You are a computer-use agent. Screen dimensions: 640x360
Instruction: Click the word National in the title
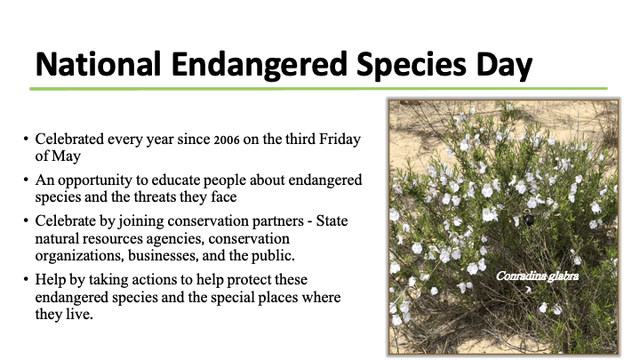tap(98, 65)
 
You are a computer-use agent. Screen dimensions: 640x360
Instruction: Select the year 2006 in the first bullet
tap(227, 140)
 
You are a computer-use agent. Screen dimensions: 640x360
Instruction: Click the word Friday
tap(340, 140)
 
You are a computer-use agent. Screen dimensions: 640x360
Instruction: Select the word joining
tap(141, 221)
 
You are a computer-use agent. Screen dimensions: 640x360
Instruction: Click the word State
tap(332, 220)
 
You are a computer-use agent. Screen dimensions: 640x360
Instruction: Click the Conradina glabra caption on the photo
tap(537, 276)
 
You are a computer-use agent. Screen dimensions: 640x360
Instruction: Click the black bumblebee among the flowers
tap(528, 219)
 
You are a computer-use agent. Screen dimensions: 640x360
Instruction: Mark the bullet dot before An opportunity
tap(26, 180)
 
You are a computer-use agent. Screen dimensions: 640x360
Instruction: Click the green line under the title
tap(318, 89)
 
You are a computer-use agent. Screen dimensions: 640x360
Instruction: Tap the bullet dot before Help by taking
tap(26, 280)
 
